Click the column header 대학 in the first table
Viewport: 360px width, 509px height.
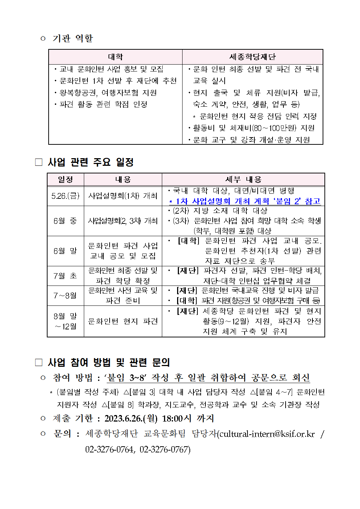click(115, 57)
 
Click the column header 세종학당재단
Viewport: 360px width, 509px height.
click(252, 57)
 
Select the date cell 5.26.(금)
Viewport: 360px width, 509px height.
click(65, 196)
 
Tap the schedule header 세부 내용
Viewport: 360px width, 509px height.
click(243, 180)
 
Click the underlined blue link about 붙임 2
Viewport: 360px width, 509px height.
click(245, 201)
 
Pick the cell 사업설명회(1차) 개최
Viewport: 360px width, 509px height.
click(123, 196)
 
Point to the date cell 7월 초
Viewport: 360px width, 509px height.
click(65, 276)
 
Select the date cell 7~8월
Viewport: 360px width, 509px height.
click(65, 296)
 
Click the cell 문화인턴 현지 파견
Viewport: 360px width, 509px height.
click(123, 321)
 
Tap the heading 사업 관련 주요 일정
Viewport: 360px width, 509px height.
click(91, 162)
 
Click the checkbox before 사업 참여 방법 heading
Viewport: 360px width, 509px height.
click(39, 362)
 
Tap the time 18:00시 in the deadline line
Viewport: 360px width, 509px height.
click(176, 419)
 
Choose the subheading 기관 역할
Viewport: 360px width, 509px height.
click(73, 38)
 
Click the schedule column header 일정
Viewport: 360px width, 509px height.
click(65, 180)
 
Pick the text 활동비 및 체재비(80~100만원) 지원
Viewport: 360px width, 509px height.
click(253, 128)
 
